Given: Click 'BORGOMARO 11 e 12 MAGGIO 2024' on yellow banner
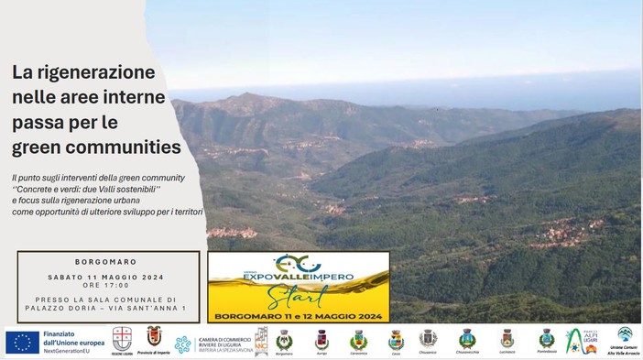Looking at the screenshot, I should (298, 316).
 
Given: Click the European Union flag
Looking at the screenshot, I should (22, 342).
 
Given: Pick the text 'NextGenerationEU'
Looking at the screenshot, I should (71, 351).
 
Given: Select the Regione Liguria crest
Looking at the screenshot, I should (121, 340).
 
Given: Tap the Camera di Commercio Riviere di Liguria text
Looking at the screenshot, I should (224, 343).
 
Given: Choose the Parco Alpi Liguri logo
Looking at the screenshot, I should (581, 340).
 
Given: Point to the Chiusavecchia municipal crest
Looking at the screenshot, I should (467, 338).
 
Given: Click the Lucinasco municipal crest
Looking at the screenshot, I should (507, 338).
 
